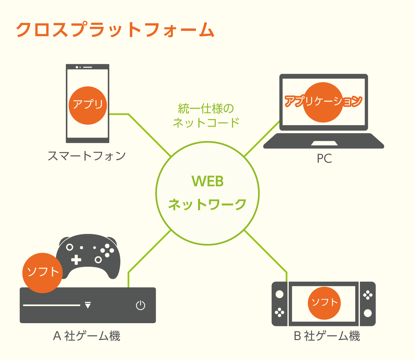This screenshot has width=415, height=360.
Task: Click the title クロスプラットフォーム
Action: (115, 30)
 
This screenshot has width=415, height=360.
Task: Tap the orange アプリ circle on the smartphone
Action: (88, 105)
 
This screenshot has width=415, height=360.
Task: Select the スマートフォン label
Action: (87, 156)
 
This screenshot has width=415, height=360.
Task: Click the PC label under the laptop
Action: (324, 159)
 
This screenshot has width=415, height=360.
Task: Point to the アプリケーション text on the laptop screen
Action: (323, 101)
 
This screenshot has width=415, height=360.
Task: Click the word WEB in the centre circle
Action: (207, 181)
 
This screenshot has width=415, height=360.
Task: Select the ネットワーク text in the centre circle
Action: (207, 205)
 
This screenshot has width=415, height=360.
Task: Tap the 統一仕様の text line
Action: (206, 108)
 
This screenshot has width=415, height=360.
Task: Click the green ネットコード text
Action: (206, 123)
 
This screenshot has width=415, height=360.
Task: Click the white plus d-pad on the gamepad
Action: (76, 260)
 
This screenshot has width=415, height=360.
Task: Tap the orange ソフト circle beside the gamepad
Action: (43, 272)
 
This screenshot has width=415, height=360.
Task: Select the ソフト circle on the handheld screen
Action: (324, 303)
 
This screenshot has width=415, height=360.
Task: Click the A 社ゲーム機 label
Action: (87, 336)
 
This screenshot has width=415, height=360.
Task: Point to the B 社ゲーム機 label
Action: (327, 336)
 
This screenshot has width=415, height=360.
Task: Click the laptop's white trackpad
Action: (324, 143)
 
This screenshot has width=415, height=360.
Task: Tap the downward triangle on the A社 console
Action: (88, 305)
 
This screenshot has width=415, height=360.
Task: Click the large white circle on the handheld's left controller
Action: (280, 294)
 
